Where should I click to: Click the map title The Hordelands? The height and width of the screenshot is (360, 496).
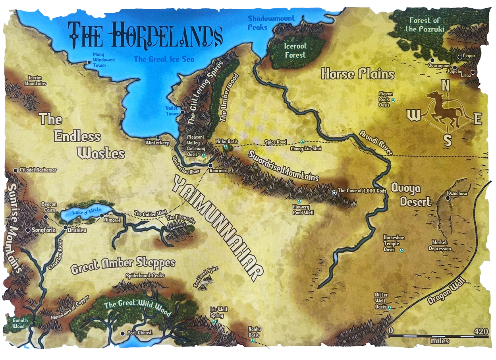click(145, 35)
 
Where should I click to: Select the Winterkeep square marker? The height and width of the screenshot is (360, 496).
click(158, 137)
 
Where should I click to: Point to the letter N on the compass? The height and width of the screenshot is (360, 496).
click(446, 85)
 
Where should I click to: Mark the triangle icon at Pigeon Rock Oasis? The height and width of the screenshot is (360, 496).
click(393, 100)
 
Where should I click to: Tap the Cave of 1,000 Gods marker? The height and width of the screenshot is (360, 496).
click(334, 193)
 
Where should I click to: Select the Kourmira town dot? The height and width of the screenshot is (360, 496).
click(210, 165)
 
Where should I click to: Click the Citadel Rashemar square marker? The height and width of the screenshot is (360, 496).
click(15, 170)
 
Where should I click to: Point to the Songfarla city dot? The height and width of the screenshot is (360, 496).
click(28, 230)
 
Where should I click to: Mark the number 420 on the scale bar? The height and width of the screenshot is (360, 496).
click(481, 331)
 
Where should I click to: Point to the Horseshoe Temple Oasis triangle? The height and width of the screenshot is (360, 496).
click(401, 250)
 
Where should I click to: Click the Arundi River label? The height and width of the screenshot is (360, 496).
click(376, 141)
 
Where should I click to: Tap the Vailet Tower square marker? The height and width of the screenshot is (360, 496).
click(182, 112)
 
